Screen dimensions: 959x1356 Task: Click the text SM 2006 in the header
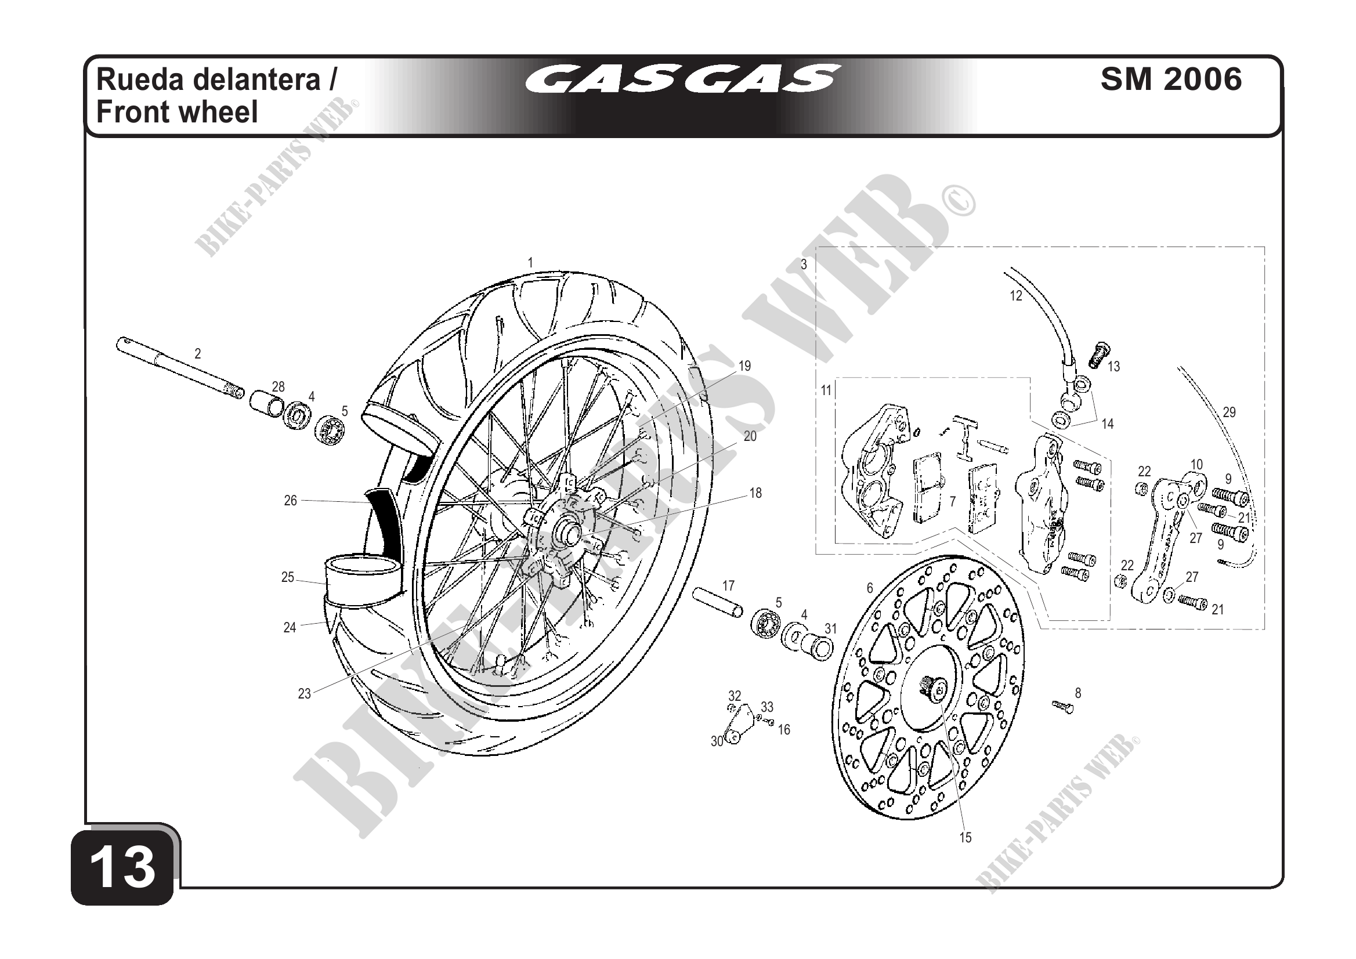point(1171,79)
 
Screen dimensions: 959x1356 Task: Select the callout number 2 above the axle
point(198,353)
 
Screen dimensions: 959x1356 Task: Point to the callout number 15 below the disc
point(965,837)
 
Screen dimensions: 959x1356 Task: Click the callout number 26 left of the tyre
point(290,501)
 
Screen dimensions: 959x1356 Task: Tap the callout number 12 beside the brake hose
point(1015,296)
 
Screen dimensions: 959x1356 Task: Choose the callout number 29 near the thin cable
point(1229,412)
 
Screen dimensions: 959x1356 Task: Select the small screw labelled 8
point(1061,705)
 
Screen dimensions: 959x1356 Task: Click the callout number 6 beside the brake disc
point(869,588)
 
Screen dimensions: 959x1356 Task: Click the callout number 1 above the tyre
point(530,263)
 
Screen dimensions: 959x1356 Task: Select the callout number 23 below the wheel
point(304,694)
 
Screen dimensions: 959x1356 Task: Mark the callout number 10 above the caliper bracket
point(1196,465)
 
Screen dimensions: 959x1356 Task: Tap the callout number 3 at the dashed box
point(804,265)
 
